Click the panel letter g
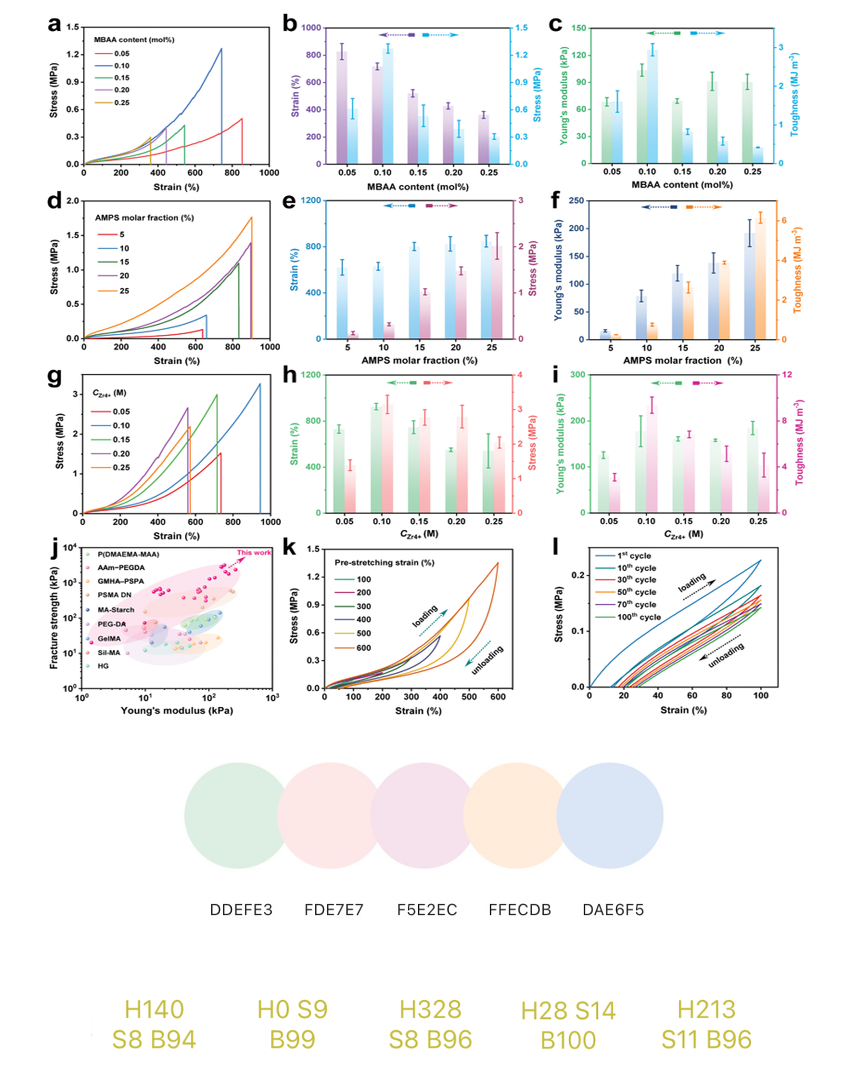click(x=55, y=379)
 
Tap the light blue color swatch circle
click(x=610, y=815)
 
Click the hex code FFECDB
click(x=520, y=909)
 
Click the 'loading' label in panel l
click(x=692, y=582)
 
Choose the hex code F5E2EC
click(x=427, y=909)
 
